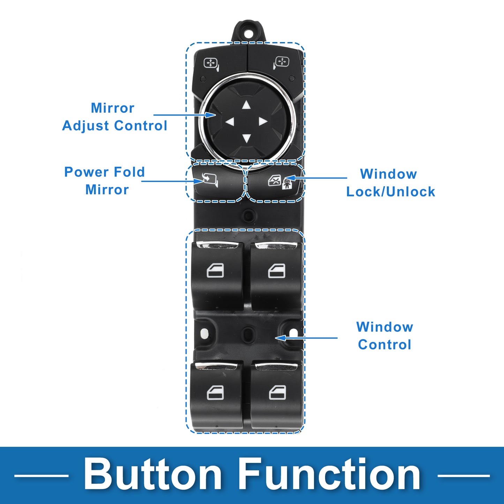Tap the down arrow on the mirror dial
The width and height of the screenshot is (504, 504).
tap(246, 138)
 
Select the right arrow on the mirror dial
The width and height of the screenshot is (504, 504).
tap(263, 122)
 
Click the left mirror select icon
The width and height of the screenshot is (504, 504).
tap(211, 64)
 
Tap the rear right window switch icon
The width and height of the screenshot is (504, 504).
tap(277, 393)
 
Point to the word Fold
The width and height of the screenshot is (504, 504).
tap(129, 172)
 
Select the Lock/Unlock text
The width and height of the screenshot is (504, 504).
tap(391, 191)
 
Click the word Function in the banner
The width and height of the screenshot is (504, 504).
tap(329, 475)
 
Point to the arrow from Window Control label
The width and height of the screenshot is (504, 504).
tap(306, 338)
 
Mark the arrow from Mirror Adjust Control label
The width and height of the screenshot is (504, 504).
tap(185, 115)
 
